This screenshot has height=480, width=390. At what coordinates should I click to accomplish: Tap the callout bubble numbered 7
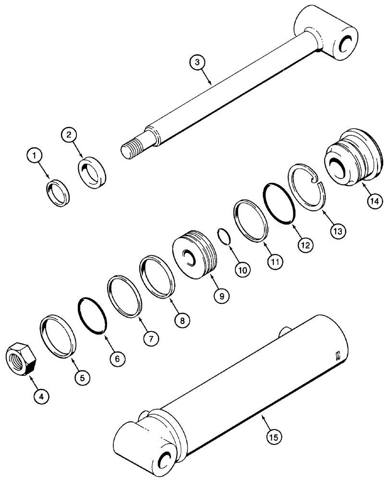pos(150,338)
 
